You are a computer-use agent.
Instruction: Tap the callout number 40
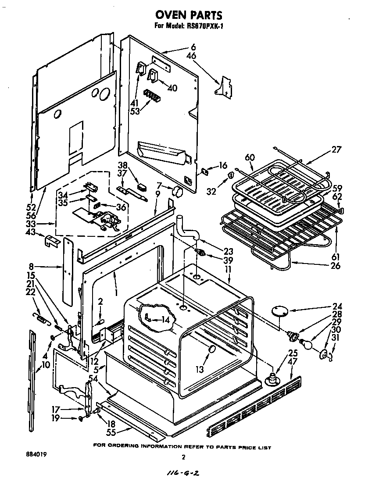(172, 88)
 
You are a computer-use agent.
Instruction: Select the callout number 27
(336, 149)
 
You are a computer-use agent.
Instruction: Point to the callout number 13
(200, 370)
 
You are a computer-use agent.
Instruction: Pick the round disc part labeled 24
(279, 311)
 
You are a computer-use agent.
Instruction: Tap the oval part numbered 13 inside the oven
(211, 349)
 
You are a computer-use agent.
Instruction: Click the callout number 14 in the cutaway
(164, 320)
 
